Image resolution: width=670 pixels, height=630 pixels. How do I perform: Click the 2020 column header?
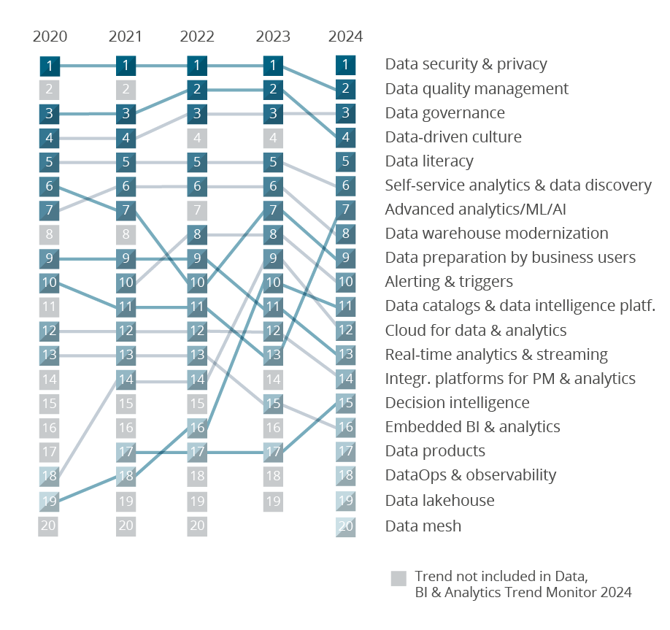[50, 37]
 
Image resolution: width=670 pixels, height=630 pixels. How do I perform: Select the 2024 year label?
[345, 37]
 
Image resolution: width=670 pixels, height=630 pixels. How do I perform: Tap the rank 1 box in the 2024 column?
[345, 65]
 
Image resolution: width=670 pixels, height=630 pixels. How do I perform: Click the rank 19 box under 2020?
[50, 501]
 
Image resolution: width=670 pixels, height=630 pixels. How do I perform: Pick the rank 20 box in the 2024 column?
[345, 526]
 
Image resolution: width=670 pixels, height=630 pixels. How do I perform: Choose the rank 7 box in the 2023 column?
[272, 210]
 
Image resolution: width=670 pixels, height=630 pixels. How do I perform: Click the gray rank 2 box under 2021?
[126, 90]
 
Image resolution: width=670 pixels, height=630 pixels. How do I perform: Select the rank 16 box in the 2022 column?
[197, 428]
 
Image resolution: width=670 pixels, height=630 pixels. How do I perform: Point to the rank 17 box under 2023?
[272, 452]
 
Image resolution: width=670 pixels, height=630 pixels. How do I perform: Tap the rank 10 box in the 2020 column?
[50, 283]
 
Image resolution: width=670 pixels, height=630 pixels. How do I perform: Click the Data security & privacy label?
[466, 64]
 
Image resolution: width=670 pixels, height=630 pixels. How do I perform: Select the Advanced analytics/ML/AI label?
[475, 210]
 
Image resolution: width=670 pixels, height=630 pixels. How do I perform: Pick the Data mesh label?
[423, 526]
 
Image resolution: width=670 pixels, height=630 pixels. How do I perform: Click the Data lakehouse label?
[439, 500]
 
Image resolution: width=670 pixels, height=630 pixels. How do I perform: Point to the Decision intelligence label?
[457, 403]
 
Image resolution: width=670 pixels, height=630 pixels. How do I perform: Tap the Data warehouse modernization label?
[496, 234]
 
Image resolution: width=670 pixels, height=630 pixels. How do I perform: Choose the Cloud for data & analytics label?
[475, 331]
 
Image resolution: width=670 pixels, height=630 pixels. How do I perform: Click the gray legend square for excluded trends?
[398, 578]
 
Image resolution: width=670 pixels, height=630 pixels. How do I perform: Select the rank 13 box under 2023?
[272, 356]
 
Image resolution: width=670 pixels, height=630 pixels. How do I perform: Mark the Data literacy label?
[429, 161]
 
